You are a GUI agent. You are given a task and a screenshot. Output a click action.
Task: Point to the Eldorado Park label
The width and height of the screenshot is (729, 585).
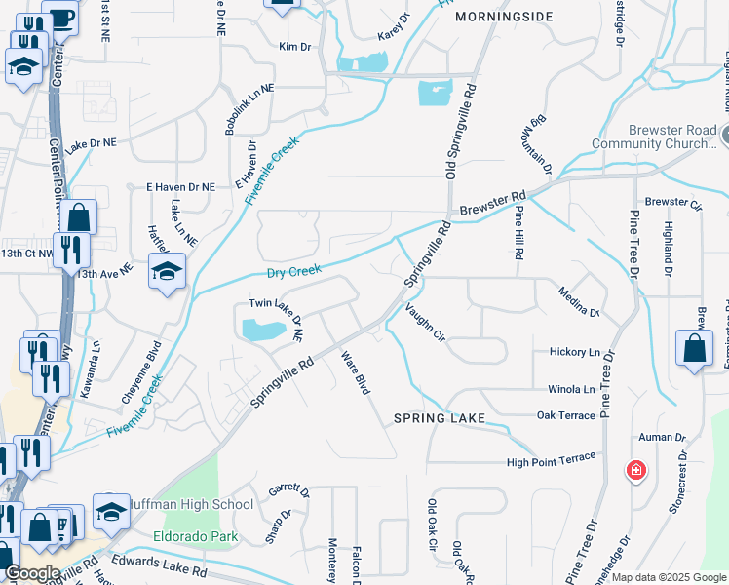[x=195, y=536]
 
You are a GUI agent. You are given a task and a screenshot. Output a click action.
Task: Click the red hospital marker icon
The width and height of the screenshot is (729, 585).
[x=635, y=472]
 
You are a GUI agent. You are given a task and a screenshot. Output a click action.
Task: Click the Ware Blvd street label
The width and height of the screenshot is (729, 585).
[x=355, y=372]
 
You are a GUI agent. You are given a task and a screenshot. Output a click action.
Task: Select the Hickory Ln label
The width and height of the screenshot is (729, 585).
[x=575, y=351]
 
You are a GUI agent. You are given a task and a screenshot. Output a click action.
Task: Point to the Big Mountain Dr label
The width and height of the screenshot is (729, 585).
[x=541, y=146]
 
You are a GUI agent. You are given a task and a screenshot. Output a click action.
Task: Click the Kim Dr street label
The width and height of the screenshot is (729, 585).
[x=293, y=47]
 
